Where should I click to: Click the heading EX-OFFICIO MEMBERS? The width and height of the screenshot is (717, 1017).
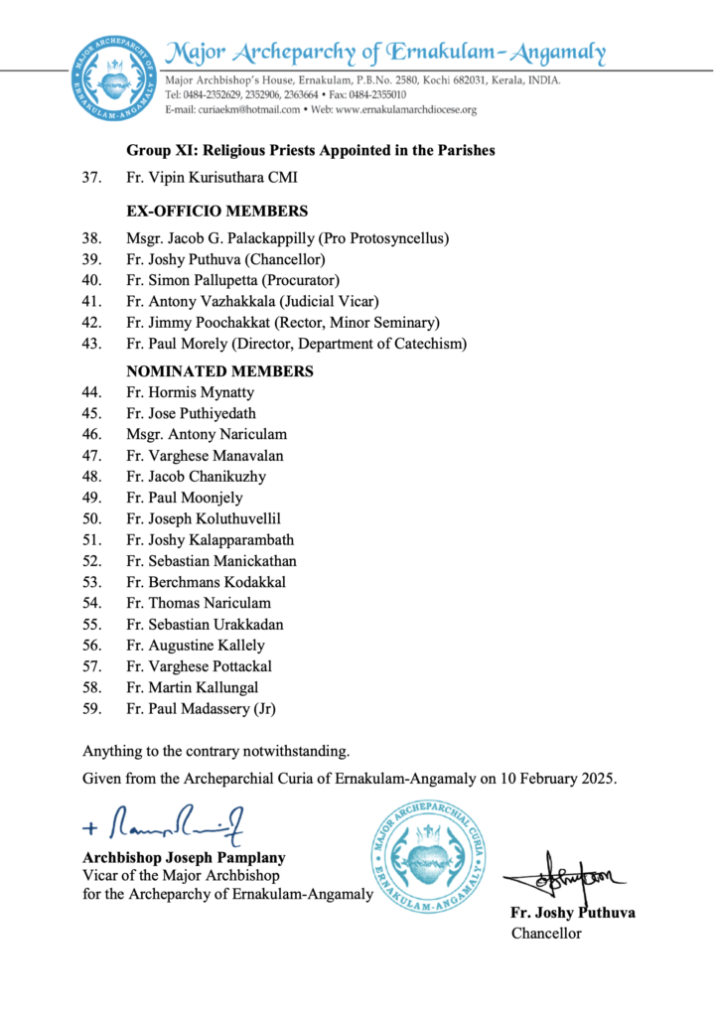coord(216,211)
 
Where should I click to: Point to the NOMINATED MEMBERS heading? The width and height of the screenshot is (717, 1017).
coord(219,371)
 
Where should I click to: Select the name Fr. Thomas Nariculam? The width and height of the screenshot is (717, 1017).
coord(199,603)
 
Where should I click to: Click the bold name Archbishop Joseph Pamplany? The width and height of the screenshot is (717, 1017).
coord(184,857)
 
